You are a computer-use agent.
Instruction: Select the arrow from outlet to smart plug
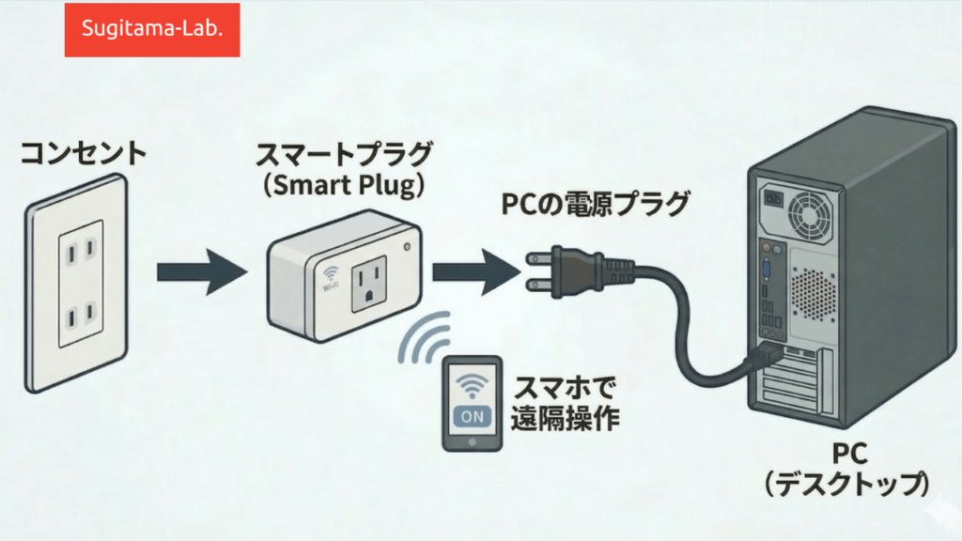pyautogui.click(x=200, y=271)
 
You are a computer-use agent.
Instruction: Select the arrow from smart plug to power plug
pyautogui.click(x=474, y=272)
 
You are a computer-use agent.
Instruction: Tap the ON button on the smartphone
pyautogui.click(x=472, y=416)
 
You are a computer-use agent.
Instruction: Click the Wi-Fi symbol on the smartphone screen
pyautogui.click(x=473, y=384)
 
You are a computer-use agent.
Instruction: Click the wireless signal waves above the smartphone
pyautogui.click(x=424, y=338)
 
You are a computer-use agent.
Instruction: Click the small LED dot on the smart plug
pyautogui.click(x=406, y=248)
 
